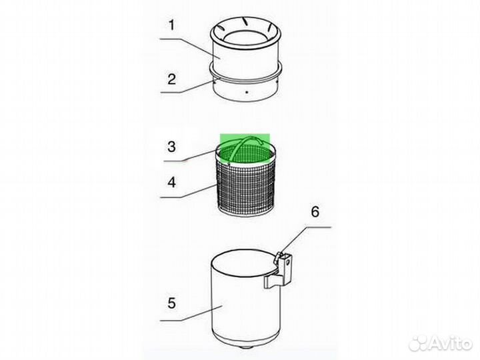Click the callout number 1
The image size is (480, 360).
[172, 25]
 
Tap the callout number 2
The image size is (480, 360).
[172, 79]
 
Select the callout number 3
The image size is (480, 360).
[172, 147]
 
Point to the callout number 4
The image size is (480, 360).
[172, 183]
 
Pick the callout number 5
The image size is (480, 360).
[172, 303]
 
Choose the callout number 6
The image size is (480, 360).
[315, 212]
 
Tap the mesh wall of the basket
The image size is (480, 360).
[247, 187]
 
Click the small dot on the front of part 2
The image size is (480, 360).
[247, 92]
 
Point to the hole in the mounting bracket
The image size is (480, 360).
[287, 263]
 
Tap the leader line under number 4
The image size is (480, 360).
[188, 191]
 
